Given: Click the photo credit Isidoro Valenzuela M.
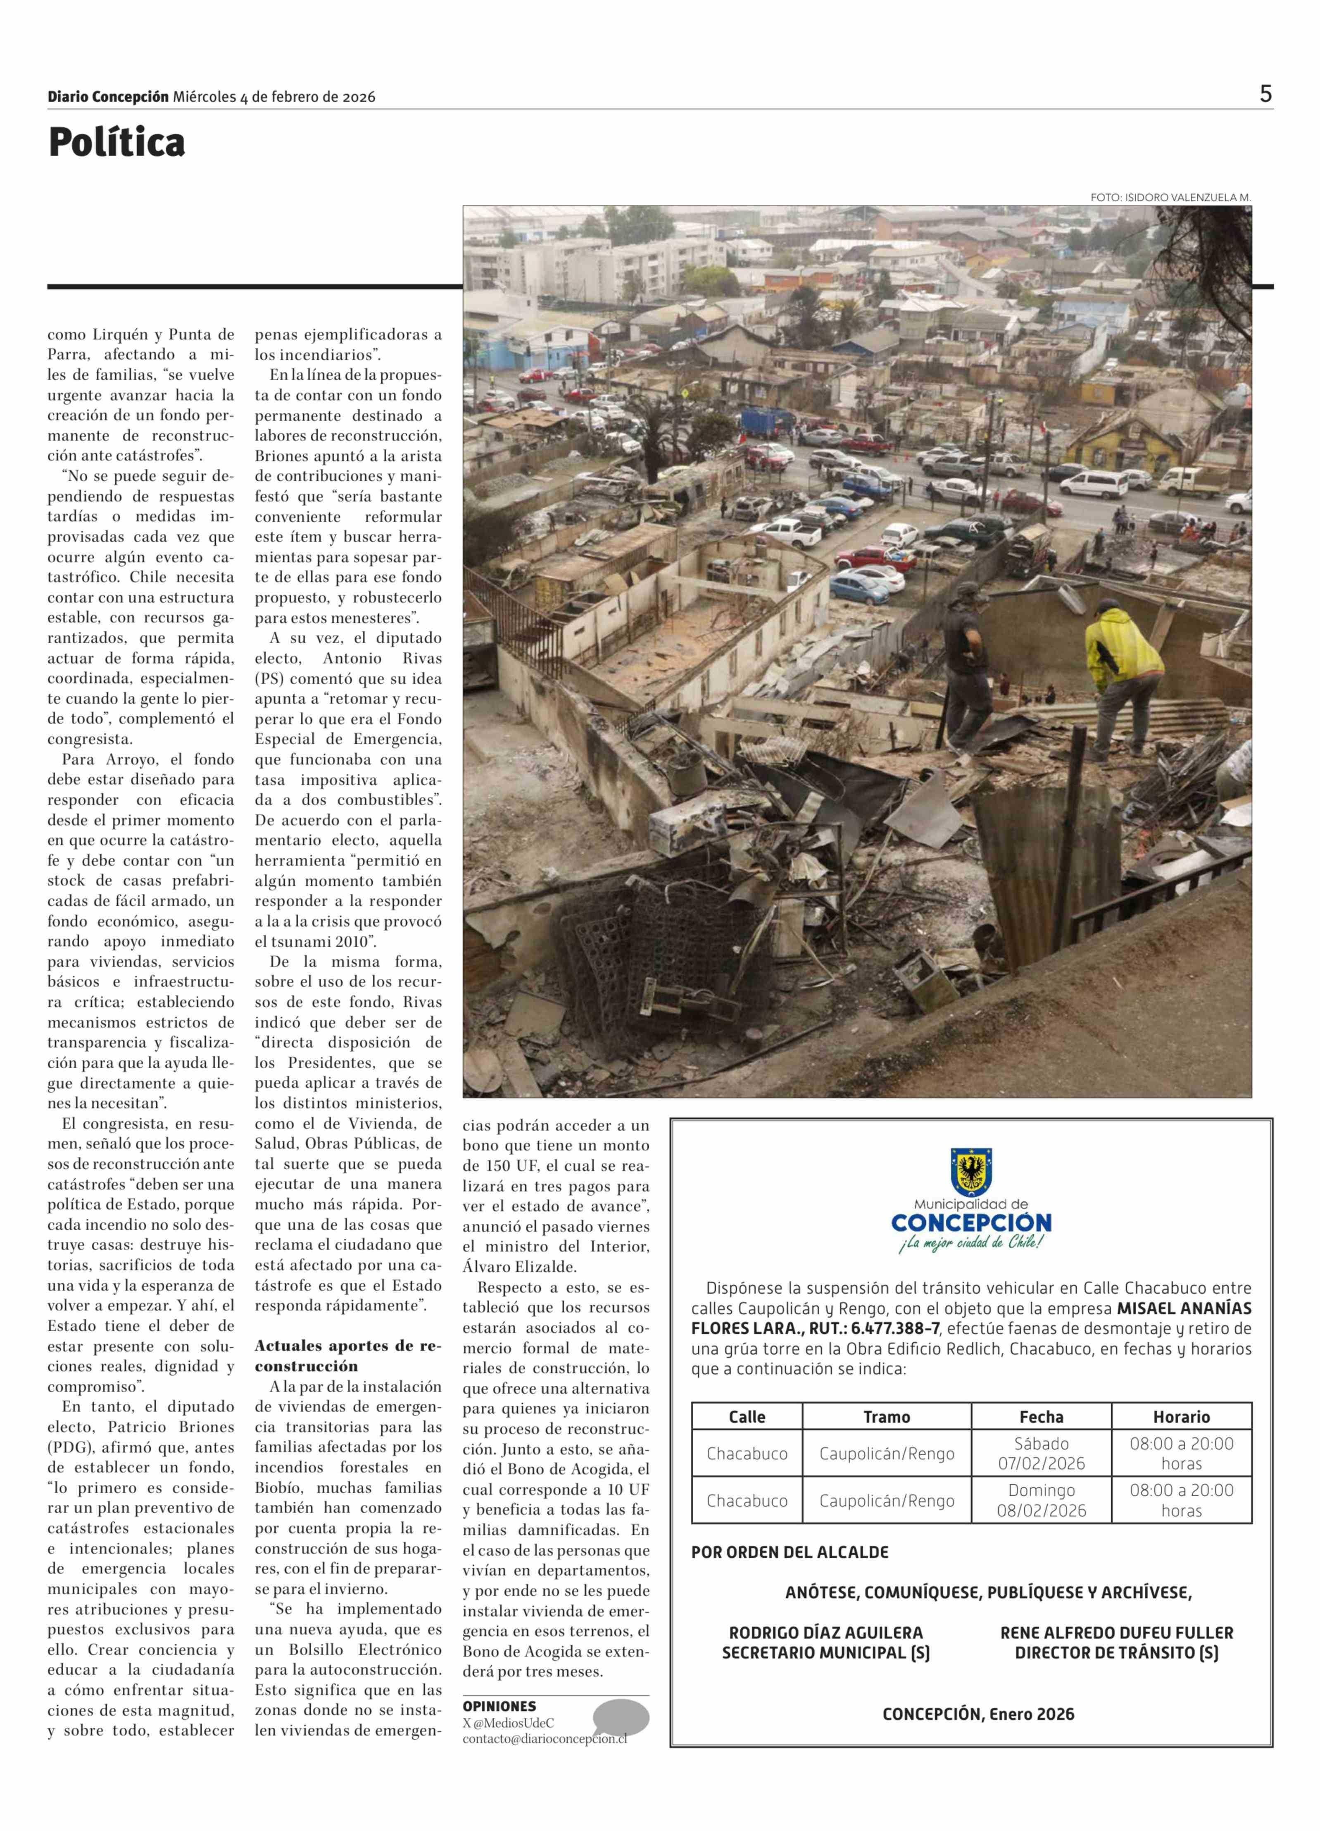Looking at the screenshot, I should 1170,197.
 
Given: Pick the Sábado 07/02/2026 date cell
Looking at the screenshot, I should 1041,1453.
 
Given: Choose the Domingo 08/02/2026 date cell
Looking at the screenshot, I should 1041,1500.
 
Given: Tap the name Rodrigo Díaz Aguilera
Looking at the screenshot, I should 825,1633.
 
